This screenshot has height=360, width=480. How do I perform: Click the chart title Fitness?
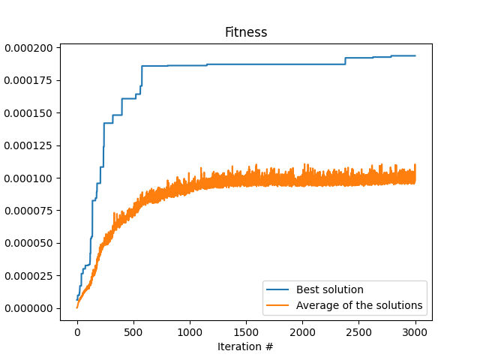[246, 33]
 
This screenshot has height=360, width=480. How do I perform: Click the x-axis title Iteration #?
[246, 346]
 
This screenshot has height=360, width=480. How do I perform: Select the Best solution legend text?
[329, 289]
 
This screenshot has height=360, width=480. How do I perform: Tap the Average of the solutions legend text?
[359, 305]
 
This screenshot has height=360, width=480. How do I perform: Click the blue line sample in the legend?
[278, 290]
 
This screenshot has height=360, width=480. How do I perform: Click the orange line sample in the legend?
[278, 306]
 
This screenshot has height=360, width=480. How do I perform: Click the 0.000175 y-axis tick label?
[30, 80]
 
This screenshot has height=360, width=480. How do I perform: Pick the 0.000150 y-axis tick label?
[30, 113]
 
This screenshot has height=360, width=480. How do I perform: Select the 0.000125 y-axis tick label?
[30, 145]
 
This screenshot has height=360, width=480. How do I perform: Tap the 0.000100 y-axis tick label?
[30, 178]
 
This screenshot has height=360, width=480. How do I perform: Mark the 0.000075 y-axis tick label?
[30, 211]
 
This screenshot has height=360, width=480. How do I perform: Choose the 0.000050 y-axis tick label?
[30, 243]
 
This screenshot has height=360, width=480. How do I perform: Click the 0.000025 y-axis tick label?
[30, 276]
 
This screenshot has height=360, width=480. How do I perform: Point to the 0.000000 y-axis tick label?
[30, 308]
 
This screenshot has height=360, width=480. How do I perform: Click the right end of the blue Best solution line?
[415, 55]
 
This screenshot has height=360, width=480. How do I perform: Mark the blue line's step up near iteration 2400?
[346, 61]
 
